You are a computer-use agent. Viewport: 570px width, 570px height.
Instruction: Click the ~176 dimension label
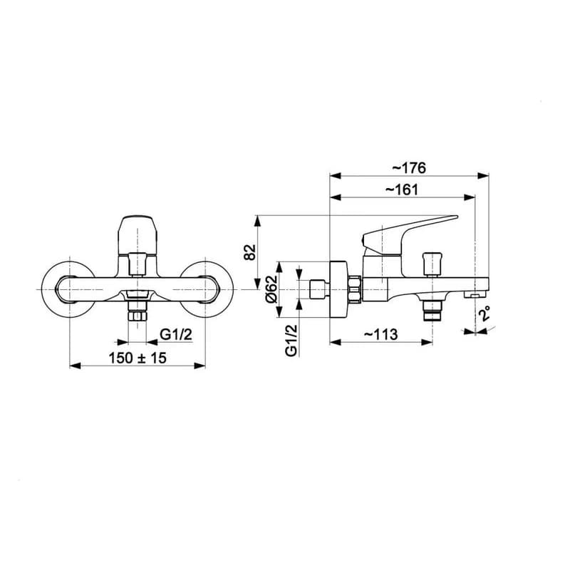coord(408,168)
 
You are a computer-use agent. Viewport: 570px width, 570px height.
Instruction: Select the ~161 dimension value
coord(401,190)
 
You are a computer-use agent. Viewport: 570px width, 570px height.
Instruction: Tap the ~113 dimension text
coord(380,334)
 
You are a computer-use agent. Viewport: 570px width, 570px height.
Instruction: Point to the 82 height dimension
coord(250,252)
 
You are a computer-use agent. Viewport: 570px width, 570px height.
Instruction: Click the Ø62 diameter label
coord(271,289)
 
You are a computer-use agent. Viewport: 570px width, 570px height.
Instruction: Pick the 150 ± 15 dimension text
coord(138,358)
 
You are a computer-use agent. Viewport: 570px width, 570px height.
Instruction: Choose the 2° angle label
coord(484,313)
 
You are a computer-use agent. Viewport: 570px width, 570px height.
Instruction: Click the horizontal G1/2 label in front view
coord(176,333)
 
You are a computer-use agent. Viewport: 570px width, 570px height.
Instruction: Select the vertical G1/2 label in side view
coord(291,341)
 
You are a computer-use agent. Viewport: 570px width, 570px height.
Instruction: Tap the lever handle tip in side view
coord(456,217)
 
